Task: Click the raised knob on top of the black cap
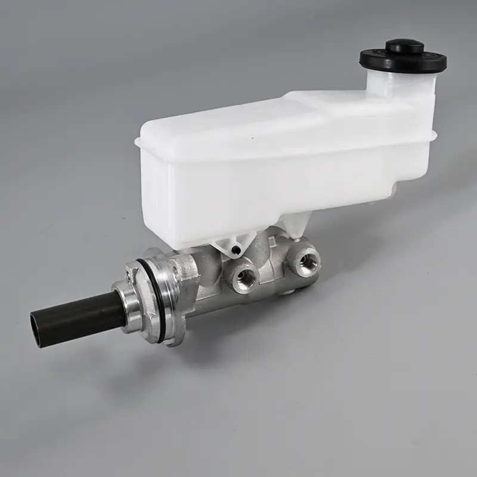(404, 46)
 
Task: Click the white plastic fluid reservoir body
(250, 179)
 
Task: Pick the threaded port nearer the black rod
(244, 275)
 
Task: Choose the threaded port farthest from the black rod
(307, 261)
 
